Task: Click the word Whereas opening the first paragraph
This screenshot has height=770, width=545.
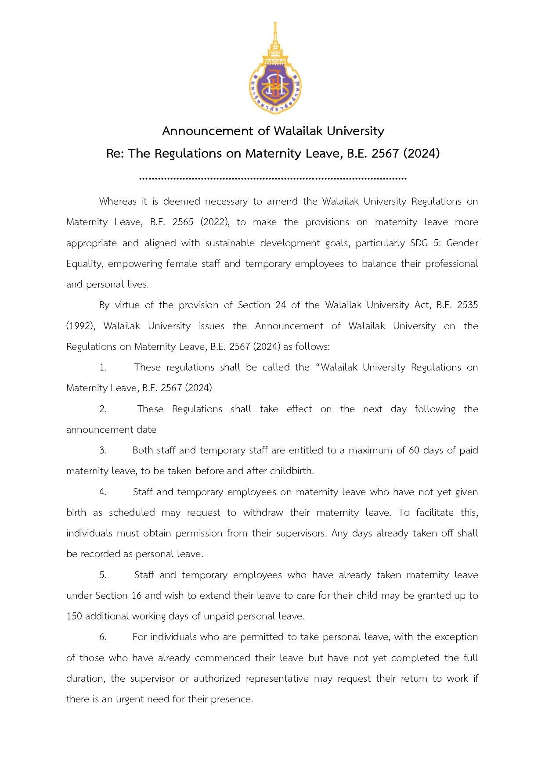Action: [118, 201]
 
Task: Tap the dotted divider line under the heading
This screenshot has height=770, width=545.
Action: [273, 178]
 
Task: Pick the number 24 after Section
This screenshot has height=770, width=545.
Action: [281, 305]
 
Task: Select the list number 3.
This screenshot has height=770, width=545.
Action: [103, 450]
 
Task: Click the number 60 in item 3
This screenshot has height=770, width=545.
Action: [414, 450]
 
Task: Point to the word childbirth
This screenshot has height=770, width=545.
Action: [292, 471]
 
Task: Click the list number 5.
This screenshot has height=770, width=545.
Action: [103, 575]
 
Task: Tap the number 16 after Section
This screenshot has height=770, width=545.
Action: [137, 596]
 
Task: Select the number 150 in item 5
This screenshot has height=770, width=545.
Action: [74, 616]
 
